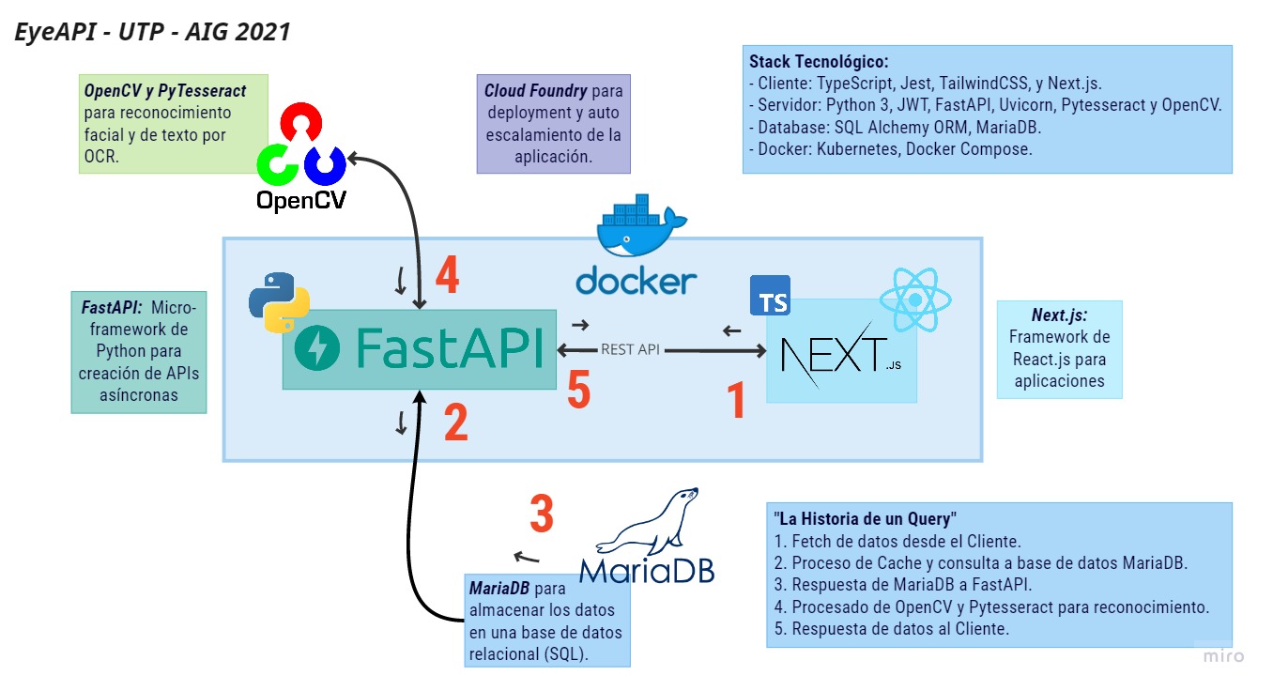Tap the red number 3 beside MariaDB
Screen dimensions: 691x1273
pyautogui.click(x=542, y=514)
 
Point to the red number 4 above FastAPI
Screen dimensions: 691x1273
pyautogui.click(x=447, y=276)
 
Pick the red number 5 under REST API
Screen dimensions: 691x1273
pyautogui.click(x=578, y=390)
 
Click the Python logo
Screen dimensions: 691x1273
pyautogui.click(x=273, y=303)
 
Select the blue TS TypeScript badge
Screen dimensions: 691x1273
pyautogui.click(x=770, y=296)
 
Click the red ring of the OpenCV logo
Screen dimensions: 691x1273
pyautogui.click(x=300, y=123)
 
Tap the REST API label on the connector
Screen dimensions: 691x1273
pyautogui.click(x=631, y=349)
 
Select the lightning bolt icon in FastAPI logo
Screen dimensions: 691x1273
pyautogui.click(x=317, y=350)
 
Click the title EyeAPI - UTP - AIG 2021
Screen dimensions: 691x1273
pyautogui.click(x=152, y=32)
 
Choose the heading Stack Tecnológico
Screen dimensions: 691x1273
pyautogui.click(x=818, y=60)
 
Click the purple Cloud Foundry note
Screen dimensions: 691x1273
pyautogui.click(x=553, y=124)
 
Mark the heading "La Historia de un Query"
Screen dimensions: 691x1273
pyautogui.click(x=864, y=518)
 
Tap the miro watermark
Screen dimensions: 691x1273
pyautogui.click(x=1223, y=655)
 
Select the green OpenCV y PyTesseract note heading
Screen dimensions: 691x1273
pyautogui.click(x=165, y=91)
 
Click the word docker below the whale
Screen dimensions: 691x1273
pyautogui.click(x=636, y=280)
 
